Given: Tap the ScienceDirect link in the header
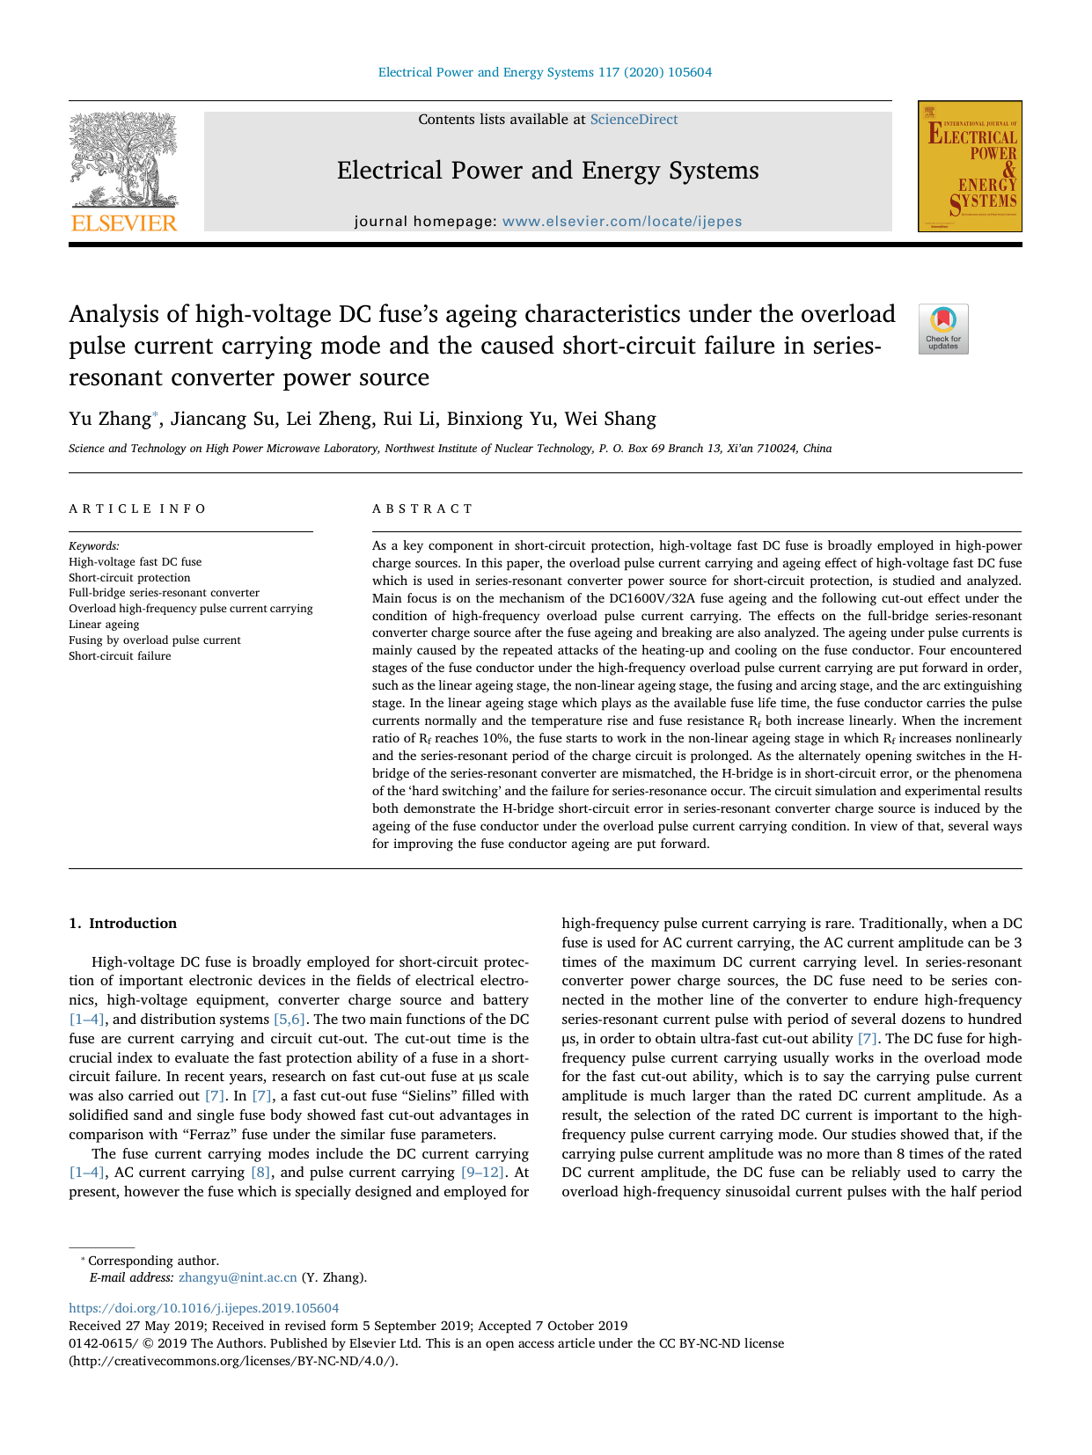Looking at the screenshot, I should (x=634, y=120).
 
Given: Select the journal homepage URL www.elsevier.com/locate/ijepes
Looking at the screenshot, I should (x=621, y=222).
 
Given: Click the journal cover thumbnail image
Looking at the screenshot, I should (x=969, y=166).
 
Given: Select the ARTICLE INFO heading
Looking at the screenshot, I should (x=137, y=508).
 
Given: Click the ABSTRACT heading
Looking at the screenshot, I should (x=422, y=508).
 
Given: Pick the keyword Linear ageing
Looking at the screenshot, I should (x=104, y=625).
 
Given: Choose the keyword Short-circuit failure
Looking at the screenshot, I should (x=120, y=656).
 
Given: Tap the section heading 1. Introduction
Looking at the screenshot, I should (x=122, y=923).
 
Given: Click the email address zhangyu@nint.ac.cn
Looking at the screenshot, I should (x=238, y=1277).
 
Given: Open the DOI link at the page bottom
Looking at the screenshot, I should (x=203, y=1308).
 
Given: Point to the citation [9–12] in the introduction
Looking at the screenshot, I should (x=482, y=1173).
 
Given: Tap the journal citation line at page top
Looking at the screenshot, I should (x=545, y=72).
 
